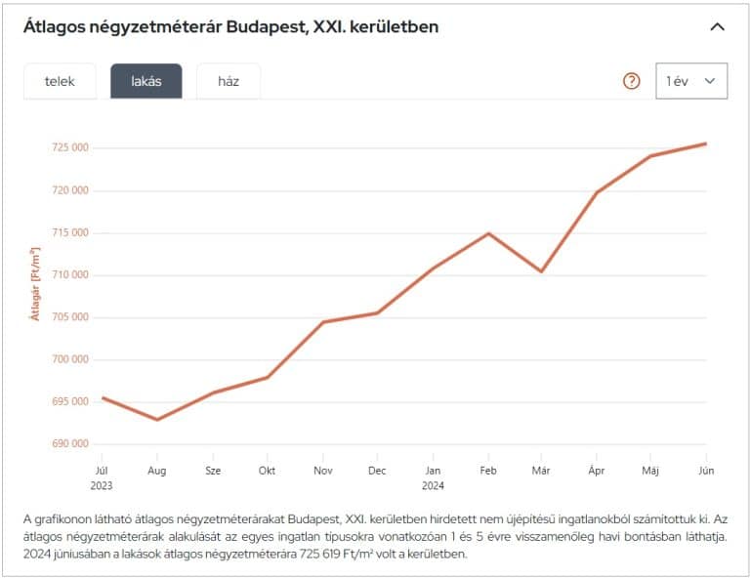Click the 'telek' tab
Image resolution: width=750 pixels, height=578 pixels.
(x=60, y=81)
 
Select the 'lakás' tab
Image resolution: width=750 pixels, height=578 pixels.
(x=146, y=81)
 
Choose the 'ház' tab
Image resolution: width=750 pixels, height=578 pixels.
(x=229, y=81)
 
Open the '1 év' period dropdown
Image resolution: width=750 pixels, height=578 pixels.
(x=690, y=81)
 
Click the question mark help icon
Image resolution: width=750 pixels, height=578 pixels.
(x=631, y=81)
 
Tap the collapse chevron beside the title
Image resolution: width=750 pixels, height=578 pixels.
(x=717, y=27)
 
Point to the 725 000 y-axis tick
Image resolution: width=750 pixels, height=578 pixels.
(x=69, y=148)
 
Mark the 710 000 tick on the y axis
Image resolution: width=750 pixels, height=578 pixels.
(x=69, y=275)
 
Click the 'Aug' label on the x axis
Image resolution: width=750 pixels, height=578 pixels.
(x=156, y=471)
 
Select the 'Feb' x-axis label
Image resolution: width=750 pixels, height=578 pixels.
(x=487, y=471)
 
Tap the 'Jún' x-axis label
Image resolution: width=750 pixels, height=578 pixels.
(x=706, y=471)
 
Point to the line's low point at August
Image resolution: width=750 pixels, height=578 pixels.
(x=157, y=420)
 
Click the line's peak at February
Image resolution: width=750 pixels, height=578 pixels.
(x=487, y=233)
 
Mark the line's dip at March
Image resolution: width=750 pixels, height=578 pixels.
(x=541, y=271)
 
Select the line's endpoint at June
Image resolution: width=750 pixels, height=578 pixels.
(x=706, y=144)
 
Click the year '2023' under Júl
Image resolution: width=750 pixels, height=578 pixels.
(x=103, y=484)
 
